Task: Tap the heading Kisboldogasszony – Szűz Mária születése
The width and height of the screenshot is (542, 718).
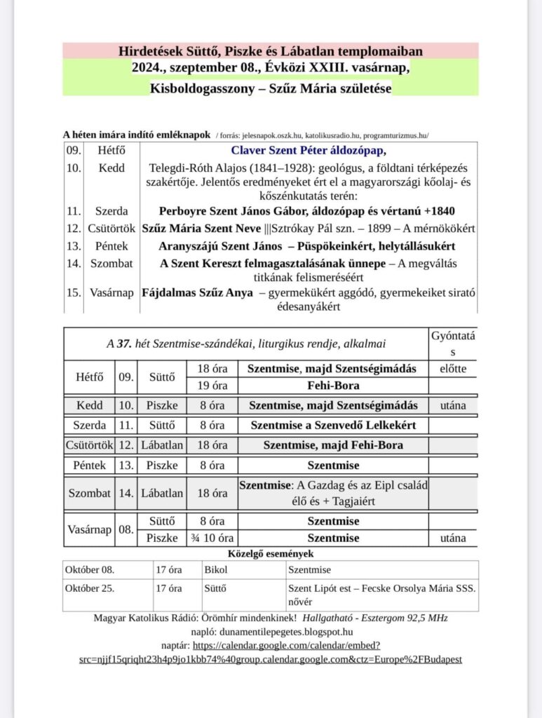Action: pos(271,88)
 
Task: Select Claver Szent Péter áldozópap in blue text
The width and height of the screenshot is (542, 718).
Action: pos(309,150)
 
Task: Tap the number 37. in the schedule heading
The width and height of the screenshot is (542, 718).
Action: pos(124,344)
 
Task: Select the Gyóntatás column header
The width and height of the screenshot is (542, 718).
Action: pos(452,343)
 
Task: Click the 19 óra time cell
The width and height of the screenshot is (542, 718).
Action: pos(212,386)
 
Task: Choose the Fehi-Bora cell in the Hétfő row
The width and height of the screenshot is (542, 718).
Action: pos(333,386)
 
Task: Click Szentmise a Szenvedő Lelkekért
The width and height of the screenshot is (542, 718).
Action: pos(333,425)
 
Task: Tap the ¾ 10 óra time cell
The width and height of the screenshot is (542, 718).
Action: pos(212,538)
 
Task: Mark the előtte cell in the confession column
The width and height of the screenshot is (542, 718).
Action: pos(452,368)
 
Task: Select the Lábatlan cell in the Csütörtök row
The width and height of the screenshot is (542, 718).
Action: pos(162,445)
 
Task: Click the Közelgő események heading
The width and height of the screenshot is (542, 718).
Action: pos(271,553)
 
